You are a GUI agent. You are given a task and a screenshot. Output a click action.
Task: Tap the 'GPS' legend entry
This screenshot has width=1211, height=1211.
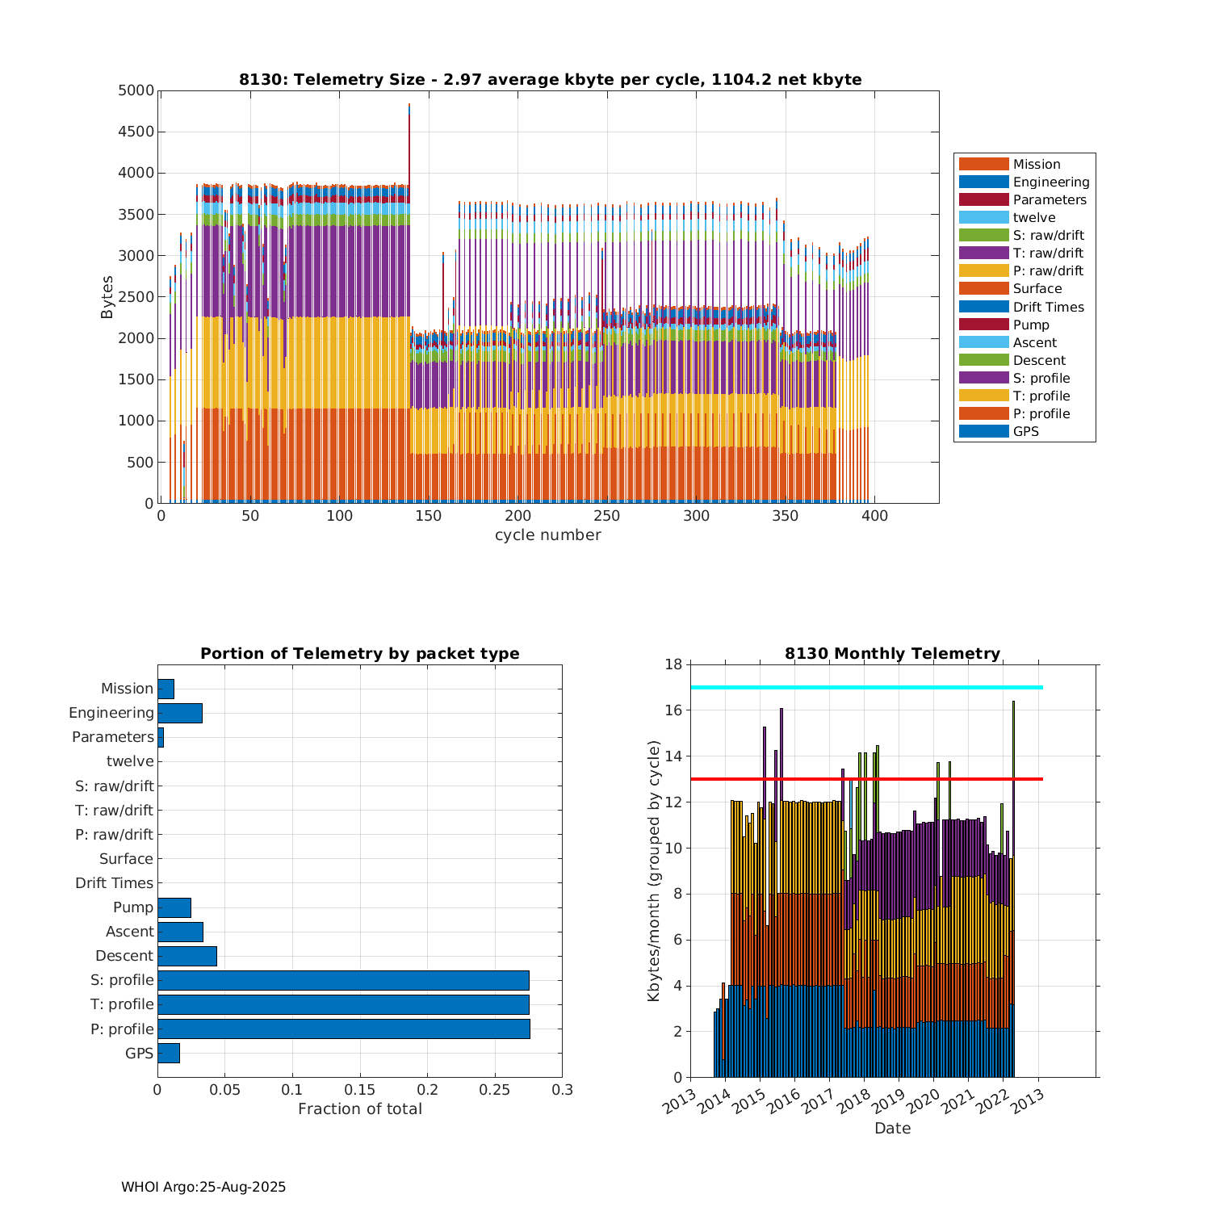(1025, 432)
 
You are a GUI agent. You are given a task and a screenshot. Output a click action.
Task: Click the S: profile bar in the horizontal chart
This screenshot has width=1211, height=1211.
(343, 980)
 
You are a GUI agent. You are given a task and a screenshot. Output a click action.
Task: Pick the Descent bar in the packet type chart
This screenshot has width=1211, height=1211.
(186, 956)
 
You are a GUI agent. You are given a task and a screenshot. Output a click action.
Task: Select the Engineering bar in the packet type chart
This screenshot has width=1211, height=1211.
(179, 713)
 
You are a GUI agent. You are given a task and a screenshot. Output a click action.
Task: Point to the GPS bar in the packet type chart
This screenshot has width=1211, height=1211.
(168, 1053)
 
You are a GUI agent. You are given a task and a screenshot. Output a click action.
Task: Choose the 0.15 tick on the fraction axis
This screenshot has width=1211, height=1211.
(360, 1090)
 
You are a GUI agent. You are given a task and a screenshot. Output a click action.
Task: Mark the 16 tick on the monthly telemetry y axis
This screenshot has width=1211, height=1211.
(673, 710)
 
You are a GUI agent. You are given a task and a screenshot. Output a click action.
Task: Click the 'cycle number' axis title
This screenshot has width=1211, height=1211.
(547, 535)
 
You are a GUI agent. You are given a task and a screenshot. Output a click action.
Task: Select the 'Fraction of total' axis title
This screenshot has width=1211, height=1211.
(359, 1109)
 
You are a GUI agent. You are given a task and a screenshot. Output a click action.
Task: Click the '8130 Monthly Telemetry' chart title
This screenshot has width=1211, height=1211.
(892, 654)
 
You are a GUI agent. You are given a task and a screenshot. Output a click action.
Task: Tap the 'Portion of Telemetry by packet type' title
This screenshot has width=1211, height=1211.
(359, 654)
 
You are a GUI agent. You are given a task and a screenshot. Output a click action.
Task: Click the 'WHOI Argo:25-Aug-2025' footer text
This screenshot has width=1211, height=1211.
(203, 1188)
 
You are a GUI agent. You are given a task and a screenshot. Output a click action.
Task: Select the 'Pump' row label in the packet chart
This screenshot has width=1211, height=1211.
(132, 907)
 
